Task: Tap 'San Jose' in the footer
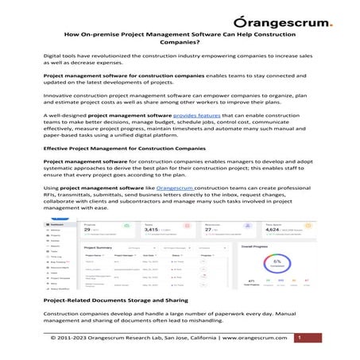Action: point(184,339)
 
